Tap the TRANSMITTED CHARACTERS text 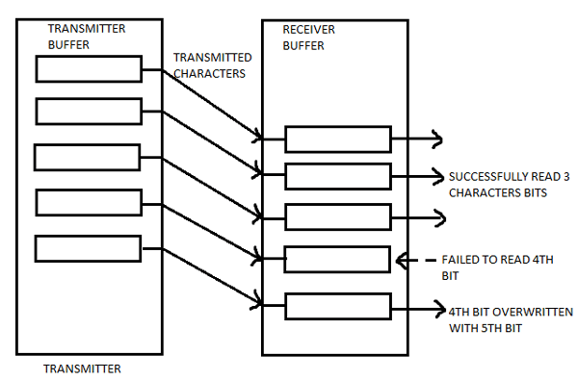tap(211, 63)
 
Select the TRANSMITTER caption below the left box tap(83, 367)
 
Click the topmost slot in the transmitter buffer tap(88, 69)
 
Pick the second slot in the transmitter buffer tap(89, 112)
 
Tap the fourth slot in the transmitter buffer tap(89, 202)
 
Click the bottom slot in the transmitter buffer tap(88, 248)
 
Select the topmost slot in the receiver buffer tap(337, 139)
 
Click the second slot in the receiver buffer tap(338, 177)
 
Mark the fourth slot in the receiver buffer tap(337, 260)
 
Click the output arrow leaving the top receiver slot tap(416, 139)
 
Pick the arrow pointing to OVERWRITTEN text tap(416, 310)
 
